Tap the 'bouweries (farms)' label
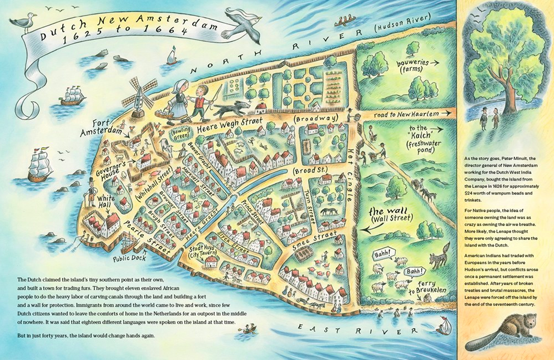[413, 67]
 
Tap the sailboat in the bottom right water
[444, 324]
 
